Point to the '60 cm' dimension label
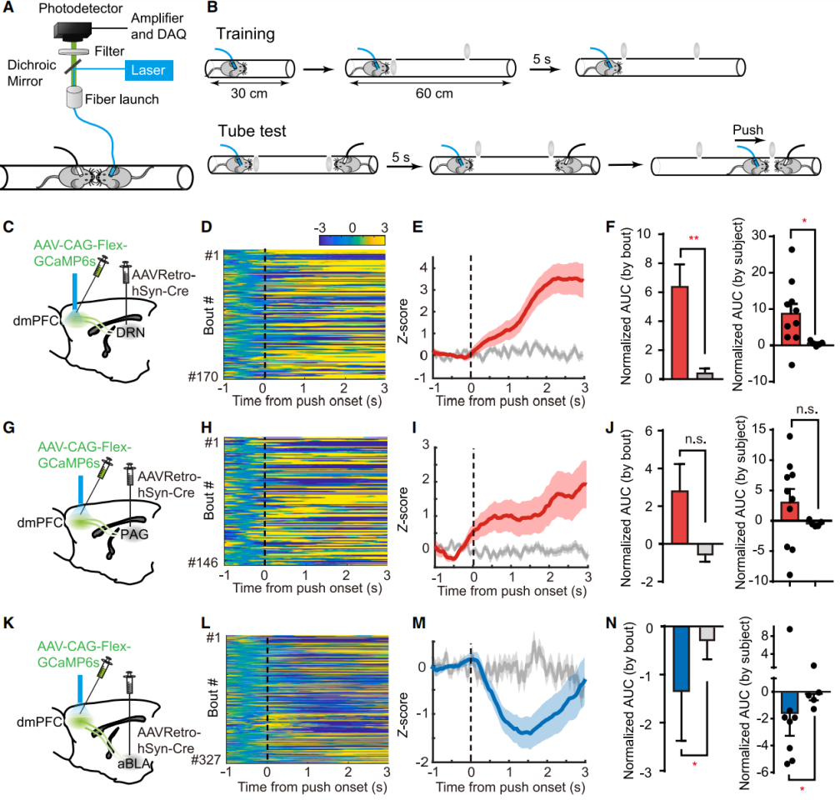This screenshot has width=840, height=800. pos(433,92)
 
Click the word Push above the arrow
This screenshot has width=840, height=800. pos(747,131)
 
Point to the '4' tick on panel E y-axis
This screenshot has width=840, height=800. pos(423,267)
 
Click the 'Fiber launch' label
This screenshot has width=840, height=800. pos(124,99)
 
